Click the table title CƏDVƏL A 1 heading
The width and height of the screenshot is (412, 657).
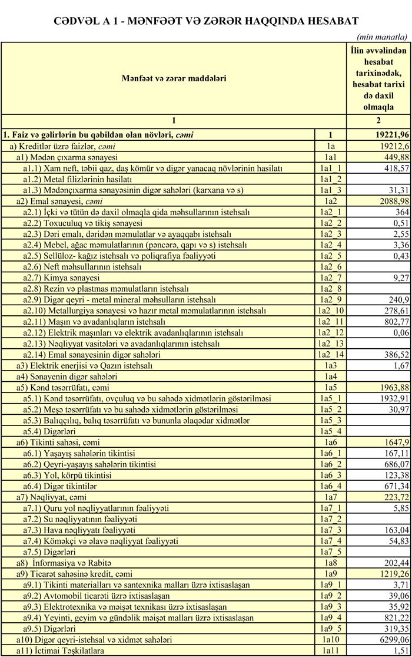tap(205, 19)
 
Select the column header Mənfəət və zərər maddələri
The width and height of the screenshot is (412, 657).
tap(174, 78)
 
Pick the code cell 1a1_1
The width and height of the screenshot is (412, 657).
tap(330, 168)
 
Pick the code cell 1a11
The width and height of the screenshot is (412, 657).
tap(330, 650)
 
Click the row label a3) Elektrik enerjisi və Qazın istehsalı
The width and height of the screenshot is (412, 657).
tap(84, 366)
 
